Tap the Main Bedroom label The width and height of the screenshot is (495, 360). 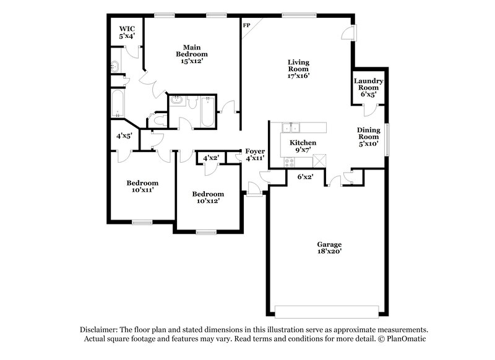click(x=191, y=54)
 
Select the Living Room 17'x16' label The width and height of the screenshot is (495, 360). click(x=298, y=69)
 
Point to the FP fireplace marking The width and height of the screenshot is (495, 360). click(x=246, y=25)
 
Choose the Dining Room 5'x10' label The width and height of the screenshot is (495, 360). click(x=368, y=137)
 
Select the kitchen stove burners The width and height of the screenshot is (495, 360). click(x=288, y=161)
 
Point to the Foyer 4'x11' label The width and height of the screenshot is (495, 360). click(x=255, y=155)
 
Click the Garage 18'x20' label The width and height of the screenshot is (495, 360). click(x=330, y=248)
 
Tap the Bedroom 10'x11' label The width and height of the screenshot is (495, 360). click(x=142, y=186)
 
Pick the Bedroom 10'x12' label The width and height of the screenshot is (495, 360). click(x=207, y=196)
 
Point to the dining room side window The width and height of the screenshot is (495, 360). click(x=387, y=135)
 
